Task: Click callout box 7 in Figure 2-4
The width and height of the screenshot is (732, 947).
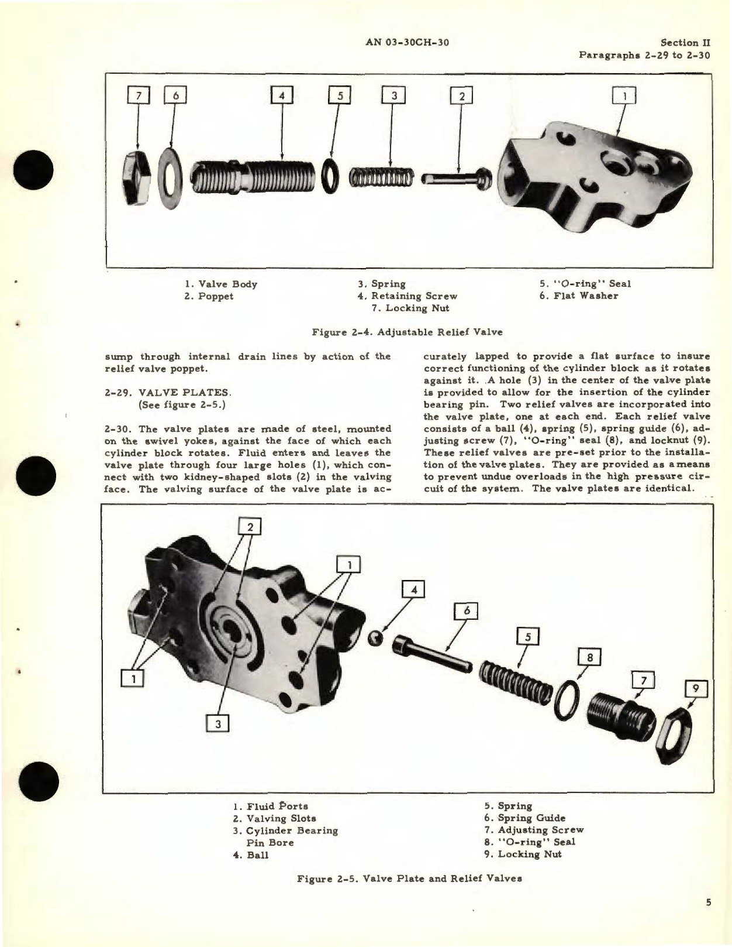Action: [x=139, y=95]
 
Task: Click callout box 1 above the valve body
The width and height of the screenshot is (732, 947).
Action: [x=624, y=96]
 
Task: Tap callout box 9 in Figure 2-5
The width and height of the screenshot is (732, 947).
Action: [x=695, y=689]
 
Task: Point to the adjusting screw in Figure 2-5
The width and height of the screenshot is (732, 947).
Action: [x=616, y=709]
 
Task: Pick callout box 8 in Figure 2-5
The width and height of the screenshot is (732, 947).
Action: [x=589, y=658]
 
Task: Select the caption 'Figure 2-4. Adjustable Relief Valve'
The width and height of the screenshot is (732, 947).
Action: [x=407, y=332]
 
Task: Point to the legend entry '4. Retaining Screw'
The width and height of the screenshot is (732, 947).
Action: [x=408, y=296]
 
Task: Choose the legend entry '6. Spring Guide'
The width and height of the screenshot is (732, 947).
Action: [x=524, y=818]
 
